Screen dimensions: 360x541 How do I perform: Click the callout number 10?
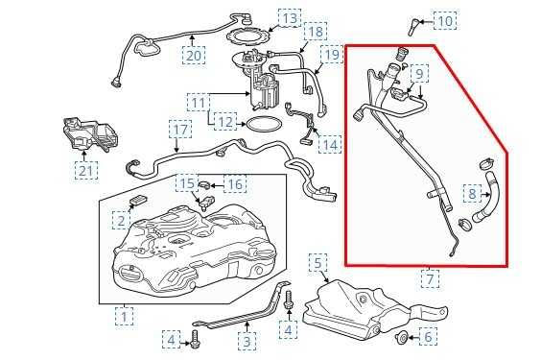(446, 19)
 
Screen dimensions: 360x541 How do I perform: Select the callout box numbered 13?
(290, 18)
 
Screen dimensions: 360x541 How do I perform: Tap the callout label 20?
(195, 55)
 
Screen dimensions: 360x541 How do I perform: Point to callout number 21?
(87, 171)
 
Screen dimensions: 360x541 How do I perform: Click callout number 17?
(181, 129)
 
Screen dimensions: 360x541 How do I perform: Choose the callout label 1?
(125, 314)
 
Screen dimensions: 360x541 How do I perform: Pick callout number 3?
(247, 340)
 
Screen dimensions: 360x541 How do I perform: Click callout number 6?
(429, 336)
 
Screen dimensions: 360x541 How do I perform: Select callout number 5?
(319, 261)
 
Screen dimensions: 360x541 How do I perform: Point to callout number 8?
(472, 195)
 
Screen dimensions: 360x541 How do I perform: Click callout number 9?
(419, 74)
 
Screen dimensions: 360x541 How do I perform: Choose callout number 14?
(330, 145)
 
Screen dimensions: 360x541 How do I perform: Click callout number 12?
(225, 122)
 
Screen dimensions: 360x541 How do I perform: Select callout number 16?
(235, 183)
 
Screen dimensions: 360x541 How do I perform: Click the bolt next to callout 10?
(411, 21)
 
